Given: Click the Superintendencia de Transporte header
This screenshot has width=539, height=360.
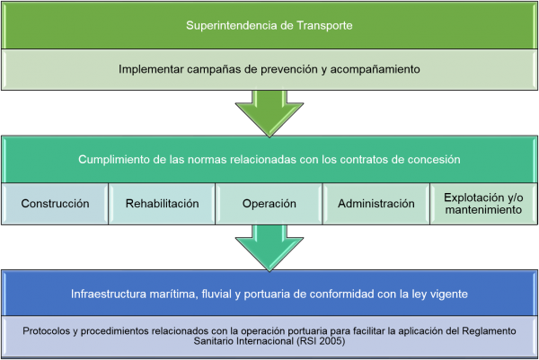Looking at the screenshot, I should pos(269,24).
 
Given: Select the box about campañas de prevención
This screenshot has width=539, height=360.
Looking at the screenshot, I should pos(269,69).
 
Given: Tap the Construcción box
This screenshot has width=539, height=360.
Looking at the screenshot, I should pos(55,204).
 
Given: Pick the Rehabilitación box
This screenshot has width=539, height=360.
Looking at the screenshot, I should pos(163,204).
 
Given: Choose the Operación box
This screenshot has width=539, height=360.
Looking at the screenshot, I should pos(269,204).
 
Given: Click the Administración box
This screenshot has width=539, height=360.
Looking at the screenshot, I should pos(376,204).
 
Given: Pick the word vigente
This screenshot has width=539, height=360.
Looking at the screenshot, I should pos(446,293).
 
